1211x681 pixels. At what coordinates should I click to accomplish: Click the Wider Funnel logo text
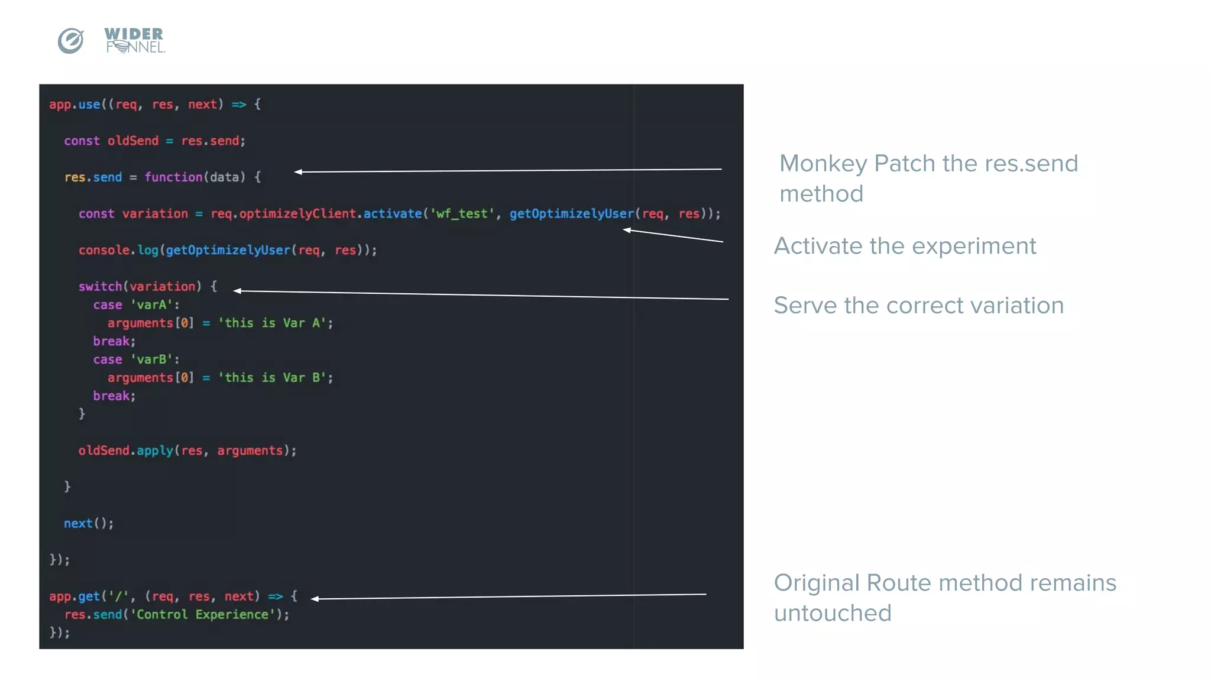click(134, 40)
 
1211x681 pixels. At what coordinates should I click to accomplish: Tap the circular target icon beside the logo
click(70, 41)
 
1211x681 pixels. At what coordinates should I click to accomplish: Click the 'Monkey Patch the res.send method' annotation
click(928, 178)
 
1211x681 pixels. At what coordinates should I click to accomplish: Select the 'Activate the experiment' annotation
click(905, 246)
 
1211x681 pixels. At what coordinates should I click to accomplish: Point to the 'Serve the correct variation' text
click(918, 306)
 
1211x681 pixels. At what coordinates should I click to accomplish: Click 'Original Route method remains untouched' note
click(944, 598)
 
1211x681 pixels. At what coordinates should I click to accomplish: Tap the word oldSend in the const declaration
click(133, 141)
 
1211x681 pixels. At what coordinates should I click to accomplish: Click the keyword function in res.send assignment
click(173, 177)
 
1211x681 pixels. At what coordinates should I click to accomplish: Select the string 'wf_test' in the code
click(462, 213)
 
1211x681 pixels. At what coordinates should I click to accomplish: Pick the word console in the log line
click(104, 250)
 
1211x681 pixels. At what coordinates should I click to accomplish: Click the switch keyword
click(100, 287)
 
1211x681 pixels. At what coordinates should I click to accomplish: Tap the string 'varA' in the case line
click(151, 305)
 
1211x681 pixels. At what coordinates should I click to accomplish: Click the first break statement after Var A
click(114, 341)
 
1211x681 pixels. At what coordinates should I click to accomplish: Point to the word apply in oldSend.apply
click(155, 450)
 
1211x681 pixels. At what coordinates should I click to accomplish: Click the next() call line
click(89, 523)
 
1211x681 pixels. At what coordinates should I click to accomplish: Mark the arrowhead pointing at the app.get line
click(315, 599)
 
